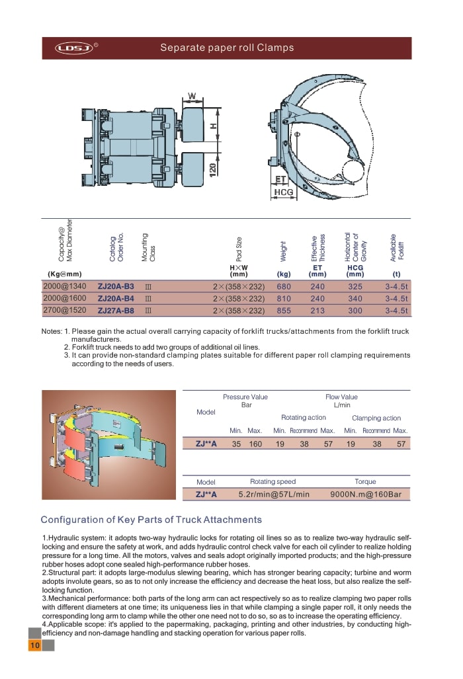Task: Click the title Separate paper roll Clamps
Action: click(227, 48)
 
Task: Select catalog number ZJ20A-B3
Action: click(116, 286)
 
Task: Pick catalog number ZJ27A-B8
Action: click(116, 309)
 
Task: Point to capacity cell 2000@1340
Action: click(65, 286)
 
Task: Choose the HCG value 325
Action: click(355, 286)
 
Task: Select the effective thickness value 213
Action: click(317, 310)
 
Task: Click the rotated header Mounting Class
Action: click(148, 247)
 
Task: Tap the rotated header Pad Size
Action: click(239, 248)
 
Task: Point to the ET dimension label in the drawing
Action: click(280, 179)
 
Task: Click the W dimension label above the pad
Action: click(192, 97)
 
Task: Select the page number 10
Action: click(34, 645)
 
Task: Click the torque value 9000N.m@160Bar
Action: click(366, 493)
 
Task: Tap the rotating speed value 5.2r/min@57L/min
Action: click(273, 493)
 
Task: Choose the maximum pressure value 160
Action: click(255, 444)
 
